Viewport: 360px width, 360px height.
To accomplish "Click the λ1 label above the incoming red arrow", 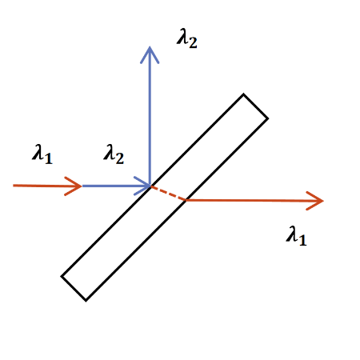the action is point(42,154).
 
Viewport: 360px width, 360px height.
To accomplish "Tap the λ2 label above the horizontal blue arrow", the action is point(114,154).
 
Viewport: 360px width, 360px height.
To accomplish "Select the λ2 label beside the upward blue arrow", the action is point(187,38).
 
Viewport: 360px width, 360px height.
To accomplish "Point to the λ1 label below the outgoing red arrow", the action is point(296,236).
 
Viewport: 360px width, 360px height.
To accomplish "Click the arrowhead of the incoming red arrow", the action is point(74,186).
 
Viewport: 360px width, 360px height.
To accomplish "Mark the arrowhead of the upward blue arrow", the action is point(150,55).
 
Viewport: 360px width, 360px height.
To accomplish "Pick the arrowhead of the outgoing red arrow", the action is point(315,201).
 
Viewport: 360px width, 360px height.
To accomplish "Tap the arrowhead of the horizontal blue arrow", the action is point(142,186).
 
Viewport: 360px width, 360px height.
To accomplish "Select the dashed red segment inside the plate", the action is point(168,193).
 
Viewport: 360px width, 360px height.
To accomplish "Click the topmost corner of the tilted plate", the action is point(243,94).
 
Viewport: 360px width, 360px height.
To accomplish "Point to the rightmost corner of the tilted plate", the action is point(268,118).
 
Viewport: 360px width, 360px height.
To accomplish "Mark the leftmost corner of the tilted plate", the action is point(62,276).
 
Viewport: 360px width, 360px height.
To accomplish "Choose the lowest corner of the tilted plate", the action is point(86,301).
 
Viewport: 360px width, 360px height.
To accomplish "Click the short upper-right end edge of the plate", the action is point(256,106).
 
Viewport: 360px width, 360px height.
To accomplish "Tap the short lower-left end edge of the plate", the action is point(74,289).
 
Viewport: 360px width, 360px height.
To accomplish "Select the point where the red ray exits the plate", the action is point(186,200).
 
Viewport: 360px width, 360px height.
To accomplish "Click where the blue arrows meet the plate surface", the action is point(150,186).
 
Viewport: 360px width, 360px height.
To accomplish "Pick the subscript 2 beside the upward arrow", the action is point(193,42).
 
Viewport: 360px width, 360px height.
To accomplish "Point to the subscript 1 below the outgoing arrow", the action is point(302,240).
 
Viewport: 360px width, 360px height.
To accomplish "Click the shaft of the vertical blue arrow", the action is point(150,116).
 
